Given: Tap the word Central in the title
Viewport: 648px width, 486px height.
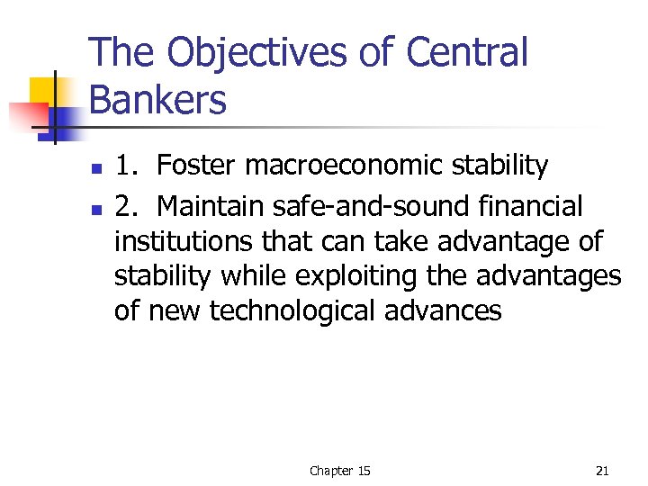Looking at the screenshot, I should (466, 52).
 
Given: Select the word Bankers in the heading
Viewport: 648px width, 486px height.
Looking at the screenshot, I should (158, 101).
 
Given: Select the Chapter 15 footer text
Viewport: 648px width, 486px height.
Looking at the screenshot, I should (339, 471).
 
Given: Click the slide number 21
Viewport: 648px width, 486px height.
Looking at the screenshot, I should (602, 471).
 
